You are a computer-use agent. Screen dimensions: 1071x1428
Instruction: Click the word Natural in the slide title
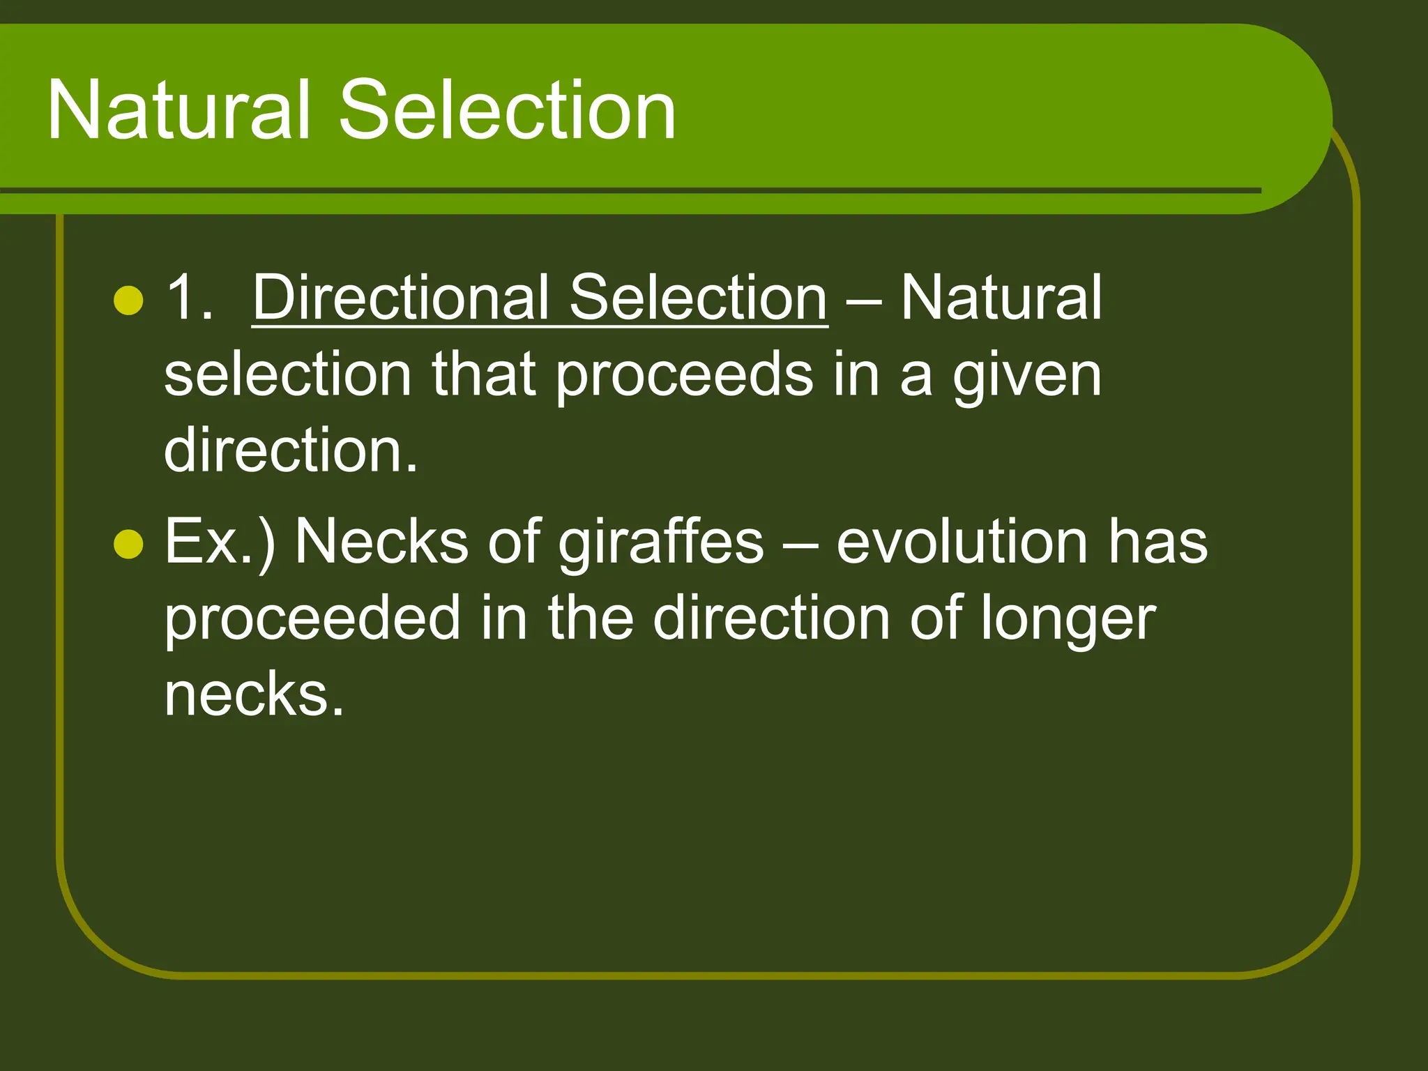point(178,110)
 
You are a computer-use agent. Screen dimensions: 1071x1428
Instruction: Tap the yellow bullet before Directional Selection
point(128,301)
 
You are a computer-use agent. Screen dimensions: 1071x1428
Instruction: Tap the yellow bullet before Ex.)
point(128,545)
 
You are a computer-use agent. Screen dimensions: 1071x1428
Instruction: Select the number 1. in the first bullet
point(189,298)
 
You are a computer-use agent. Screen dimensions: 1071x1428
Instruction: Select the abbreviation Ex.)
point(220,543)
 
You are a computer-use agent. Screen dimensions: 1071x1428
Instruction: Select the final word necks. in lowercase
point(255,694)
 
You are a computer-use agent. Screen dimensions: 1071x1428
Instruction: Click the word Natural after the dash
point(1001,298)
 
